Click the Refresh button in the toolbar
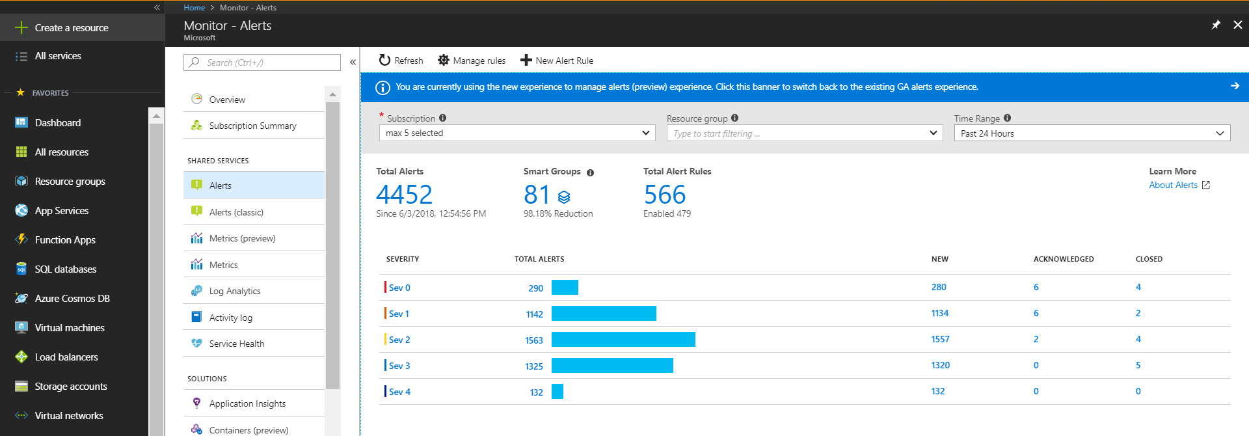point(401,61)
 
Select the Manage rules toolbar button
point(472,61)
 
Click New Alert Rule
point(557,61)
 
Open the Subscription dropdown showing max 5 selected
point(517,133)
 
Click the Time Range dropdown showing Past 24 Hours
point(1092,133)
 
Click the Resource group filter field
point(804,133)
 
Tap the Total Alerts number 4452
point(404,195)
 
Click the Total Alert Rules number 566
point(664,195)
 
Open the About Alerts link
point(1173,185)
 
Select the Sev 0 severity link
point(399,288)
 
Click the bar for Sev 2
point(623,340)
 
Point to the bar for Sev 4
point(557,392)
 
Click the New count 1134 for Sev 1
point(939,313)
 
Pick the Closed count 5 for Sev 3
point(1138,365)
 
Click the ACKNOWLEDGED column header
point(1063,259)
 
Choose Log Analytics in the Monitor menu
point(234,291)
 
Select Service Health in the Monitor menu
point(236,344)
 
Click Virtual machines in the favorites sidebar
point(69,327)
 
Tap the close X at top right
point(1237,25)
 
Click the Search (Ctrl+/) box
point(262,62)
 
